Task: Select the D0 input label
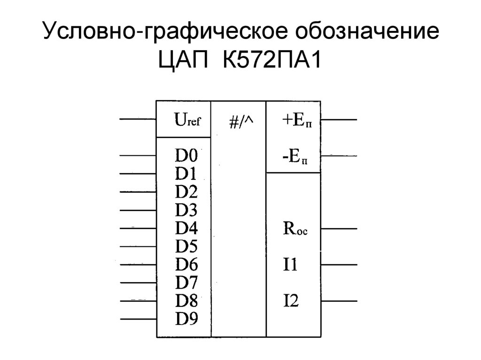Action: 186,155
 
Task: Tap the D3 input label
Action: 186,210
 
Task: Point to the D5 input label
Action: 186,246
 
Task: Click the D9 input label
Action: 186,319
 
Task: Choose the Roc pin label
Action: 295,230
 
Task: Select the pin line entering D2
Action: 138,192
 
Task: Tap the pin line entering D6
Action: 138,264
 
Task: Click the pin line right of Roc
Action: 339,229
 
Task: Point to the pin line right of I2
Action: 339,300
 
